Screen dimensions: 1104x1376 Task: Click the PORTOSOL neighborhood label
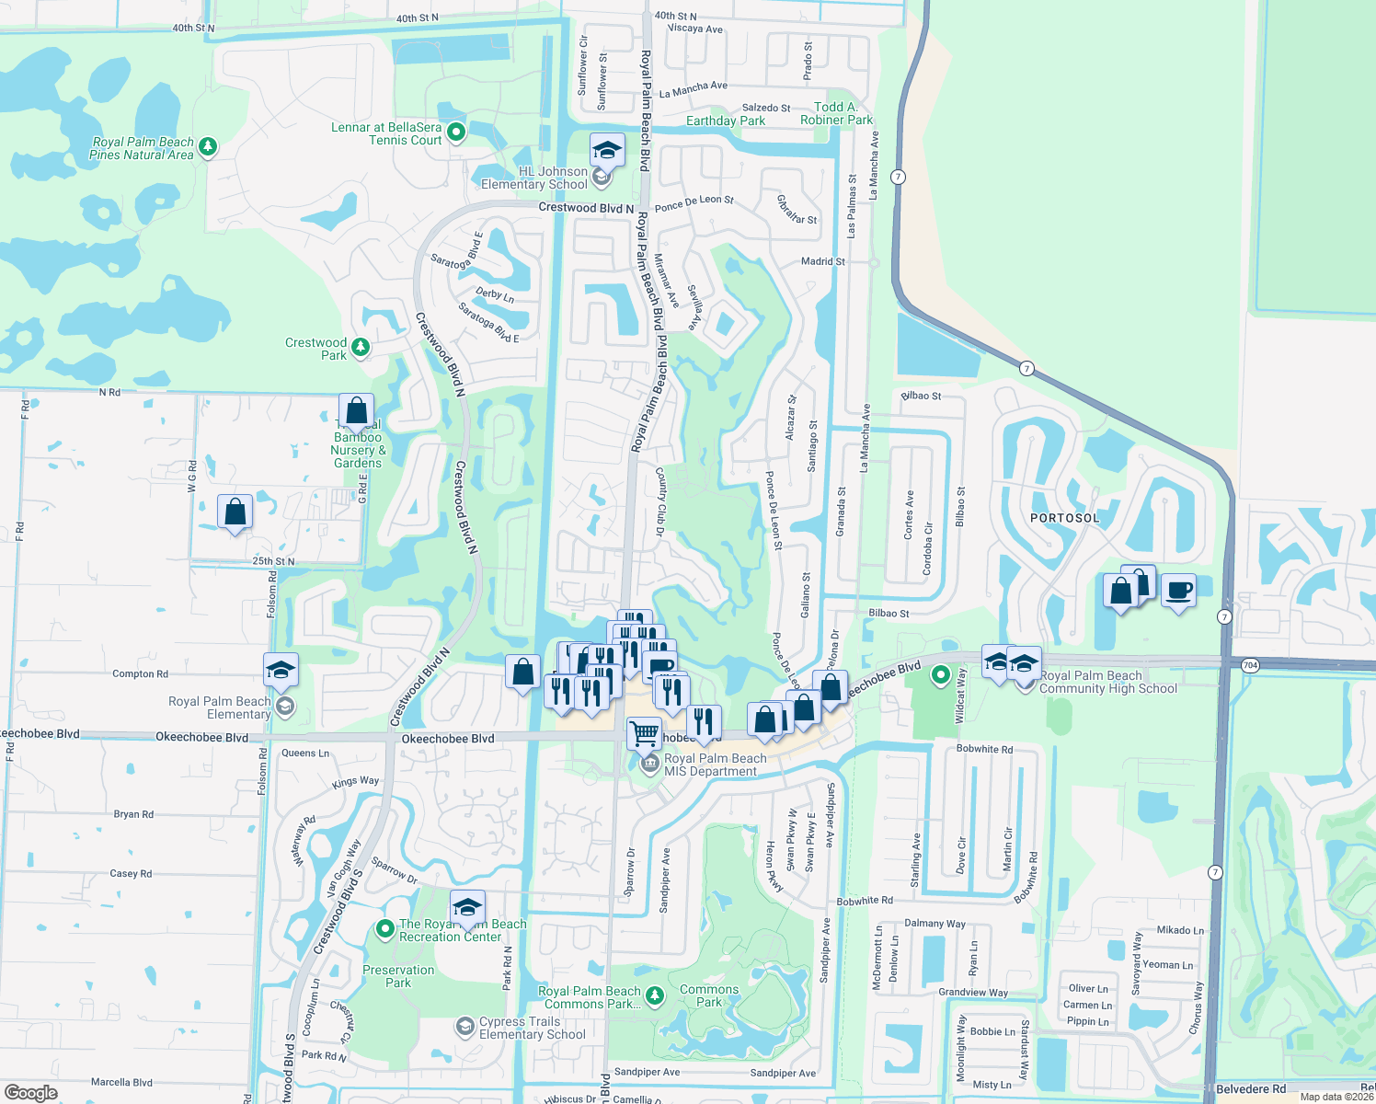(x=1064, y=518)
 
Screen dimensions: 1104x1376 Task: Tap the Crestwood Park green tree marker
(x=361, y=347)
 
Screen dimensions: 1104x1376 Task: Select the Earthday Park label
(x=725, y=121)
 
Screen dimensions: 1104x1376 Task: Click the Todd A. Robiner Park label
(x=836, y=113)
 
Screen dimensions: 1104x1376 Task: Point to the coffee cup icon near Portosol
(x=1178, y=590)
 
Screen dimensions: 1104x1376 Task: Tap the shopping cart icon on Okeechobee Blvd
(x=645, y=733)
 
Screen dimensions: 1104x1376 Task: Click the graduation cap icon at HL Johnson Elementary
(x=607, y=150)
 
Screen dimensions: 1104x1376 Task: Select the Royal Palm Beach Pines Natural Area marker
(x=208, y=146)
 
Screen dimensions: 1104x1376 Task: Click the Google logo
(x=30, y=1092)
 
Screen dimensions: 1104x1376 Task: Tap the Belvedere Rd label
(x=1250, y=1089)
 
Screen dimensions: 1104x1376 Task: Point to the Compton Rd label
(x=140, y=674)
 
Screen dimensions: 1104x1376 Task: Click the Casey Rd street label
(x=131, y=874)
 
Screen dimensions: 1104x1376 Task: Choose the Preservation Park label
(x=398, y=976)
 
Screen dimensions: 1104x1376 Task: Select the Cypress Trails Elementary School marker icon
(x=465, y=1026)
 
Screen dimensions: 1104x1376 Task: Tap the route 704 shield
(x=1249, y=665)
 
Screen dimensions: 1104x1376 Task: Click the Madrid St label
(x=822, y=261)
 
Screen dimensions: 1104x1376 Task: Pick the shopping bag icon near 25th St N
(x=235, y=512)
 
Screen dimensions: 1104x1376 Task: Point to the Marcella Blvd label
(x=121, y=1083)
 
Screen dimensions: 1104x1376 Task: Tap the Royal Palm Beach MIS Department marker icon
(x=650, y=764)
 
